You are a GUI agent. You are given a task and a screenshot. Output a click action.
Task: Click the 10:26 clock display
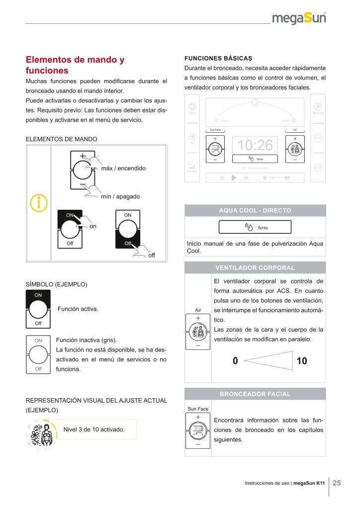tap(255, 145)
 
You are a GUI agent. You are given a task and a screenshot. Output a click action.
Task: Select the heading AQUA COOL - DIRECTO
tap(255, 211)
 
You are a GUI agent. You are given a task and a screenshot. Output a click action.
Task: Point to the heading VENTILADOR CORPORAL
tap(255, 268)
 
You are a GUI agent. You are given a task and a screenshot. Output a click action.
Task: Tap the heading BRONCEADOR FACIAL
tap(255, 394)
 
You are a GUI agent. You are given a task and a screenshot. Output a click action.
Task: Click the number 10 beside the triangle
tap(301, 361)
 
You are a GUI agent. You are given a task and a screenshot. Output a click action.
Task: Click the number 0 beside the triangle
tap(235, 361)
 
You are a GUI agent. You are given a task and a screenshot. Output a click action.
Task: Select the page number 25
tap(337, 483)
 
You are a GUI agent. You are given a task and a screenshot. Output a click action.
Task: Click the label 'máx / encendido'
tap(123, 169)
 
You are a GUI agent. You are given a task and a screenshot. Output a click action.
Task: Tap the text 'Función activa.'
tap(78, 309)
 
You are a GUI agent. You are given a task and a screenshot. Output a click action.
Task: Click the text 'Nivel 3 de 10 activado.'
tap(93, 428)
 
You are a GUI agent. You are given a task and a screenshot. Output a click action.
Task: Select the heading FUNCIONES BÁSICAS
tap(218, 58)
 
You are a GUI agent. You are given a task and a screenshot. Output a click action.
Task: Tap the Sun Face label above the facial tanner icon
tap(198, 409)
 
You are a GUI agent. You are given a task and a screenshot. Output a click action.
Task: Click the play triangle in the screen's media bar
tap(233, 178)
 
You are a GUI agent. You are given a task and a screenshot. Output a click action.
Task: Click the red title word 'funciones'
tap(47, 71)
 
